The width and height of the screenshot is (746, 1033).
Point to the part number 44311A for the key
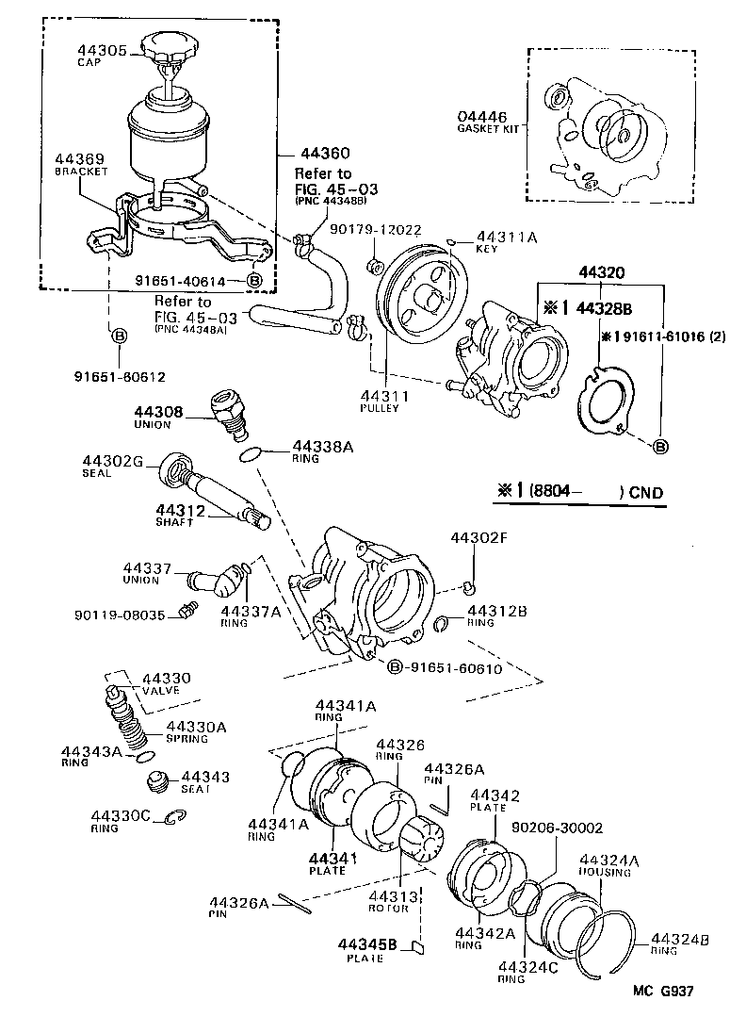coord(506,238)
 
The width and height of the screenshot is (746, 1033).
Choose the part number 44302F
coord(478,538)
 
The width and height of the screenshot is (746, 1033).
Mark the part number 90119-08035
coord(120,615)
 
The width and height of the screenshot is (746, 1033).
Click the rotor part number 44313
coord(388,896)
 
